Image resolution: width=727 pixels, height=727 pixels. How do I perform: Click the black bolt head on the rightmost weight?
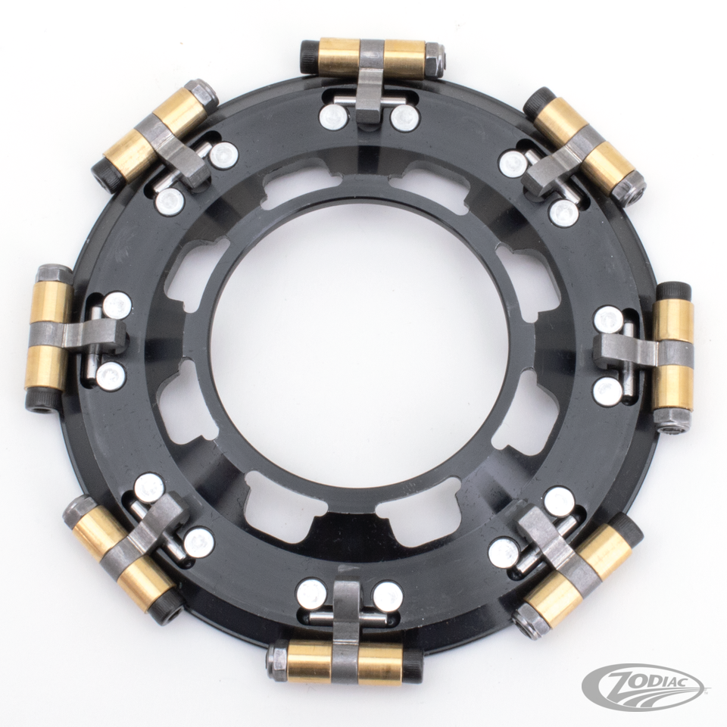click(x=673, y=292)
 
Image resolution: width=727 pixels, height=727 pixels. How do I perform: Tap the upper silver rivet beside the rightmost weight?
click(x=608, y=320)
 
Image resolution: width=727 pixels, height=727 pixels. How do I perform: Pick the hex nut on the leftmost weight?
click(x=54, y=274)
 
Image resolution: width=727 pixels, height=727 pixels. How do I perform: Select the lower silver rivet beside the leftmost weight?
click(x=111, y=376)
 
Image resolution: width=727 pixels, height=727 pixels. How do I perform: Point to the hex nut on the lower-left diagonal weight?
click(x=80, y=511)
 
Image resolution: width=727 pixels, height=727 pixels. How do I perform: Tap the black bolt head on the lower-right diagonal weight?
click(x=628, y=527)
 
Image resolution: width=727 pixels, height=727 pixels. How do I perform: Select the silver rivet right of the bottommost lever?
click(x=388, y=596)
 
